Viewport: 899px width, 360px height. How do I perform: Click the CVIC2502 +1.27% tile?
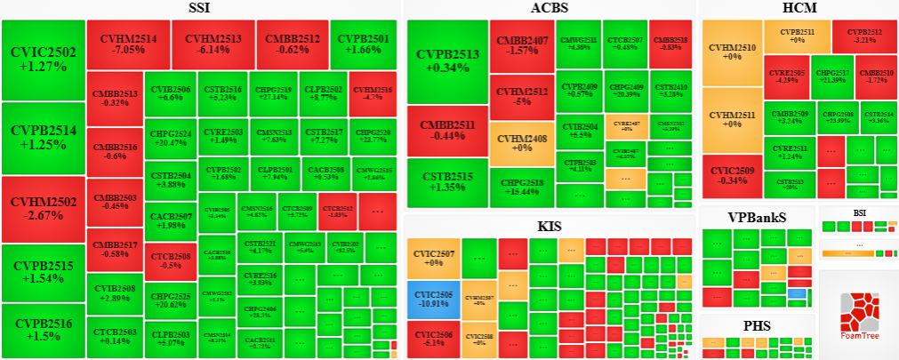coord(44,59)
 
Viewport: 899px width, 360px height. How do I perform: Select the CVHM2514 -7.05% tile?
coord(128,44)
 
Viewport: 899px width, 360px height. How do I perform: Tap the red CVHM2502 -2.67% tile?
coord(44,208)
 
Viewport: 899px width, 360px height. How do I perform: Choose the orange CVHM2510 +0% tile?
coord(733,51)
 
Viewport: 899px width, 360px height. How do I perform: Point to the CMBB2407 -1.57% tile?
coord(520,45)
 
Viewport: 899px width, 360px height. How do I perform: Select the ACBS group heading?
coord(549,9)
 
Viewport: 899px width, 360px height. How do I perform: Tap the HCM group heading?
coord(799,9)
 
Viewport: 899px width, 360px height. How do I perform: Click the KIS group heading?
coord(550,226)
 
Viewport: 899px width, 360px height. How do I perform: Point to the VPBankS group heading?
coord(757,217)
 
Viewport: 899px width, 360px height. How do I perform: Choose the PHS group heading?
coord(757,325)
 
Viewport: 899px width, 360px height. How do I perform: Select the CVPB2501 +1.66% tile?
coord(365,44)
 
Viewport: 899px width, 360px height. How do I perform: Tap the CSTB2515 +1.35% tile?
coord(446,182)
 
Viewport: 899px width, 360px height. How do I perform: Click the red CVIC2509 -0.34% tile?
coord(732,174)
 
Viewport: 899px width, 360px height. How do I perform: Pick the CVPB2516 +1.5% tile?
coord(44,330)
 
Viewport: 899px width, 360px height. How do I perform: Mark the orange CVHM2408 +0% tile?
coord(520,142)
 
